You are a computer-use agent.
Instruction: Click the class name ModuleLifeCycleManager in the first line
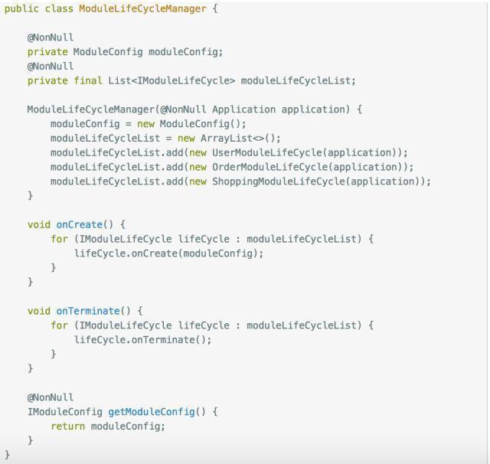click(142, 8)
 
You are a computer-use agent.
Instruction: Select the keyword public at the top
click(21, 9)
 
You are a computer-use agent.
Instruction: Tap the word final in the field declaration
click(88, 80)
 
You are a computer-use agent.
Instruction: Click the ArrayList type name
click(227, 139)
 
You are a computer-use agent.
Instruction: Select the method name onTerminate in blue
click(88, 311)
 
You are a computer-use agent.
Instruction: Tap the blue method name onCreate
click(80, 224)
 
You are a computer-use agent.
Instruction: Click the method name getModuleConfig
click(152, 412)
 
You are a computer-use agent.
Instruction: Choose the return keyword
click(68, 426)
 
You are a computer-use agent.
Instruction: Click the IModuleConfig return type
click(65, 412)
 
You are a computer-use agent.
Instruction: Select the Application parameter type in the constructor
click(243, 109)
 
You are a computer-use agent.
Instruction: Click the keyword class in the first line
click(59, 8)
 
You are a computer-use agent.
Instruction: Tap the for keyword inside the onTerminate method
click(59, 325)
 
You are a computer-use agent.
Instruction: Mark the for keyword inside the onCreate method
click(59, 239)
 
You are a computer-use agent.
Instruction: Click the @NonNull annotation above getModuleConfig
click(51, 397)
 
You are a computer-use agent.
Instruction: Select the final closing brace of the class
click(7, 454)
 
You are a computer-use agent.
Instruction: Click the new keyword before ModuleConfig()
click(145, 124)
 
